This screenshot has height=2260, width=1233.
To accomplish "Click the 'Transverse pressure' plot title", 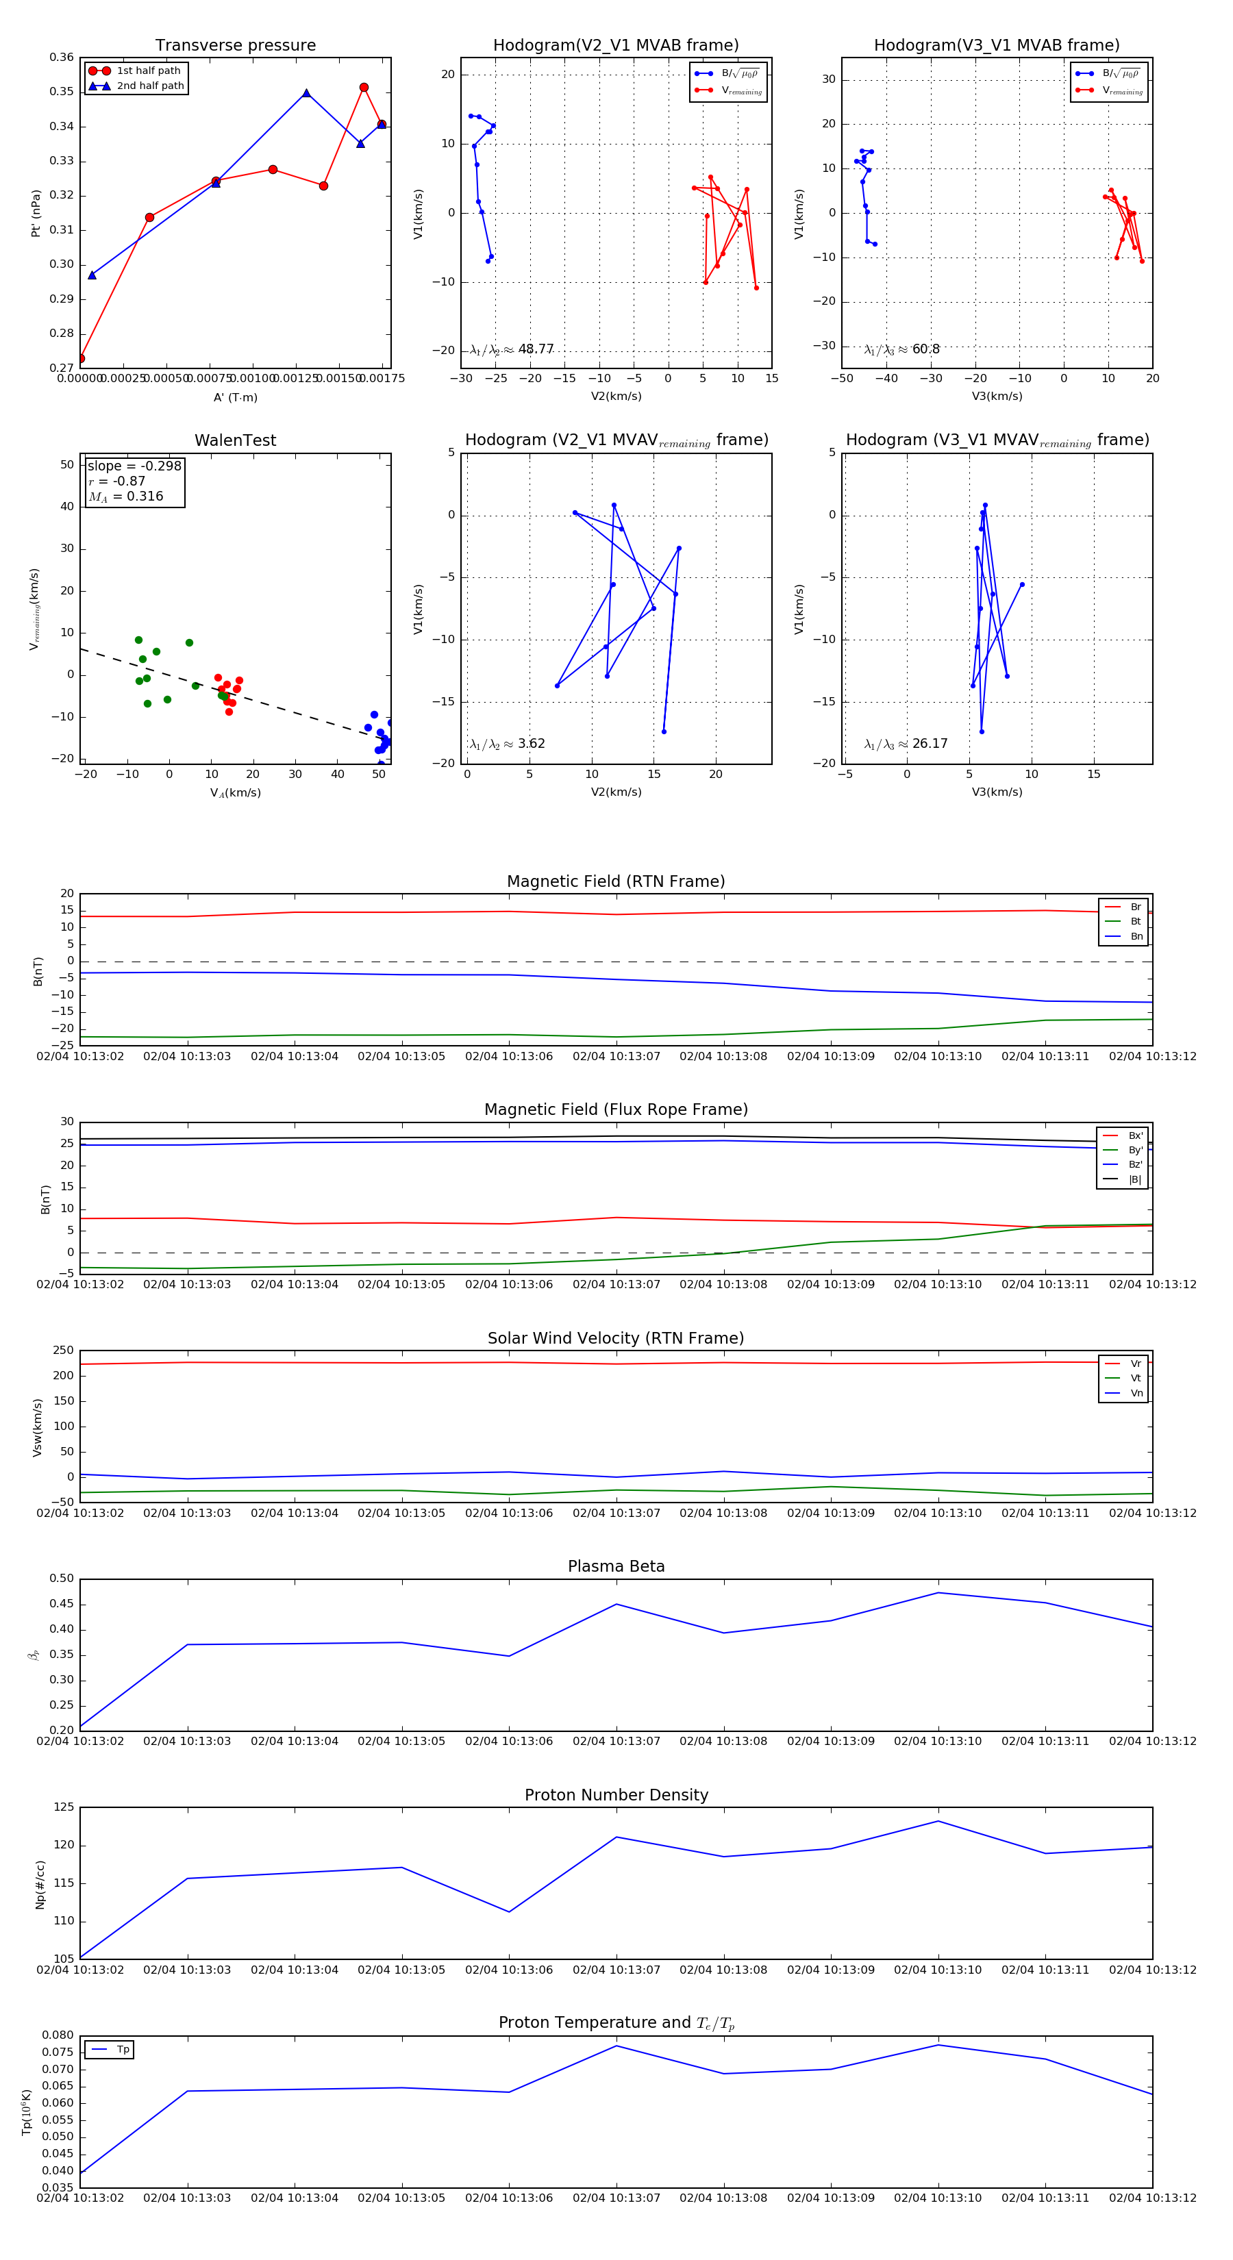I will pos(235,46).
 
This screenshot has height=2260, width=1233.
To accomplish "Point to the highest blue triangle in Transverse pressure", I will pos(306,93).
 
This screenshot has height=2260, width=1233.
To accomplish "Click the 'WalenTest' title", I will pos(235,440).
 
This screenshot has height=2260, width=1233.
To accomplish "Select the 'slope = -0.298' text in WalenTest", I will pos(134,466).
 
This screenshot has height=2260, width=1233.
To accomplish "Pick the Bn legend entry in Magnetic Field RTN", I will pos(1136,936).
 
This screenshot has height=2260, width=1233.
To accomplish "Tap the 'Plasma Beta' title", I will pos(616,1566).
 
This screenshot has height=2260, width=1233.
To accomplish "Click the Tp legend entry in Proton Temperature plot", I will pos(123,2050).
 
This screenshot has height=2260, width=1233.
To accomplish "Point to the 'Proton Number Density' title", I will pos(616,1795).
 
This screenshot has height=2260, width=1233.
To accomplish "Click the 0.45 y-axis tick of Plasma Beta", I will pos(62,1604).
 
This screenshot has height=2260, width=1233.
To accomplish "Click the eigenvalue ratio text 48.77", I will pos(535,349).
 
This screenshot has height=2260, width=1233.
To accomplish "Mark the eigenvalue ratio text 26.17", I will pos(930,744).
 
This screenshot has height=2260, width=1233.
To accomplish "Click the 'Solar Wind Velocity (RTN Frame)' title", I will pos(616,1338).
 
